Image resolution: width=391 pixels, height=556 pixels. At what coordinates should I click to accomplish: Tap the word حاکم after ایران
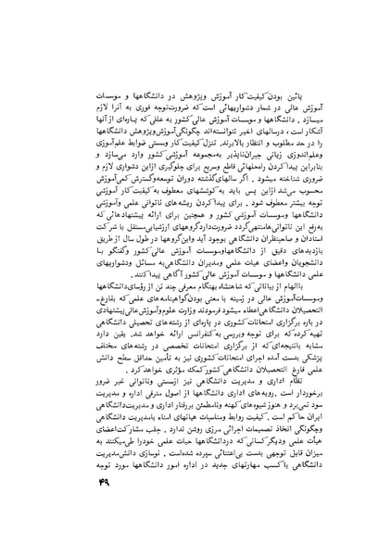[284, 418]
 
